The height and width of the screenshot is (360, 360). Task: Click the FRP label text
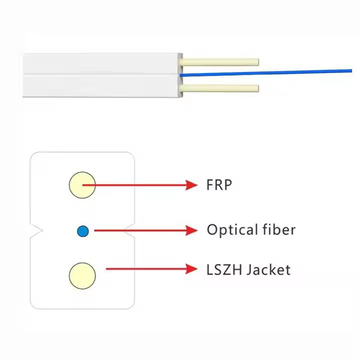(x=219, y=185)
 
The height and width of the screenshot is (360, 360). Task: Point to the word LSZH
(x=224, y=270)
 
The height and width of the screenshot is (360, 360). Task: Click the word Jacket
(x=269, y=270)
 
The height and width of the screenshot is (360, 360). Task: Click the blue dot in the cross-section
(x=83, y=231)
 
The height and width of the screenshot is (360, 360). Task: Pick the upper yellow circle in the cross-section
(x=82, y=185)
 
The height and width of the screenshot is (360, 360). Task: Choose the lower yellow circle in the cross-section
(x=82, y=276)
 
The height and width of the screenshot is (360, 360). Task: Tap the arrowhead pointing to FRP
(x=192, y=185)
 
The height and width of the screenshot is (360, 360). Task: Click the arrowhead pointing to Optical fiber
(x=192, y=230)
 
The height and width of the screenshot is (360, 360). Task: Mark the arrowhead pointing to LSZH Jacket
(x=192, y=269)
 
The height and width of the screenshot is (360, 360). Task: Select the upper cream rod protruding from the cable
(x=220, y=62)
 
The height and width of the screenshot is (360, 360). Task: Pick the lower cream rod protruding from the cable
(x=220, y=88)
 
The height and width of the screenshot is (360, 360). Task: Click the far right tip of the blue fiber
(x=351, y=71)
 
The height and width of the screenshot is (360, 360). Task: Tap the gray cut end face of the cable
(x=181, y=75)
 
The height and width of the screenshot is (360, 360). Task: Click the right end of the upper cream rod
(x=258, y=62)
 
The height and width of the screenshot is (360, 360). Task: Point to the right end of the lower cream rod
(x=258, y=88)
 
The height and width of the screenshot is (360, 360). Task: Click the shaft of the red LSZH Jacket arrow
(x=146, y=269)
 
